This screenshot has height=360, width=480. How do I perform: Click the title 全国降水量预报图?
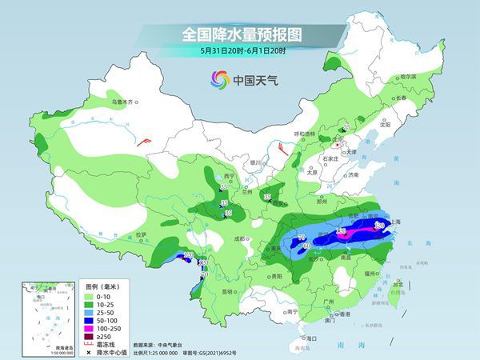239,35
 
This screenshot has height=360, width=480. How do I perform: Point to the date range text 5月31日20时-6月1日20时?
239,52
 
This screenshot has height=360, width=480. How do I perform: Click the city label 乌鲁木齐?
125,102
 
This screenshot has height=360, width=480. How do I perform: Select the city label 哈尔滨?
408,75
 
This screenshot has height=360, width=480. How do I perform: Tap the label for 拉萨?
142,234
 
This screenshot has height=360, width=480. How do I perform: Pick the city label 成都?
239,238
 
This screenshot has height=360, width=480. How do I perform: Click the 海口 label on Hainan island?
312,338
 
